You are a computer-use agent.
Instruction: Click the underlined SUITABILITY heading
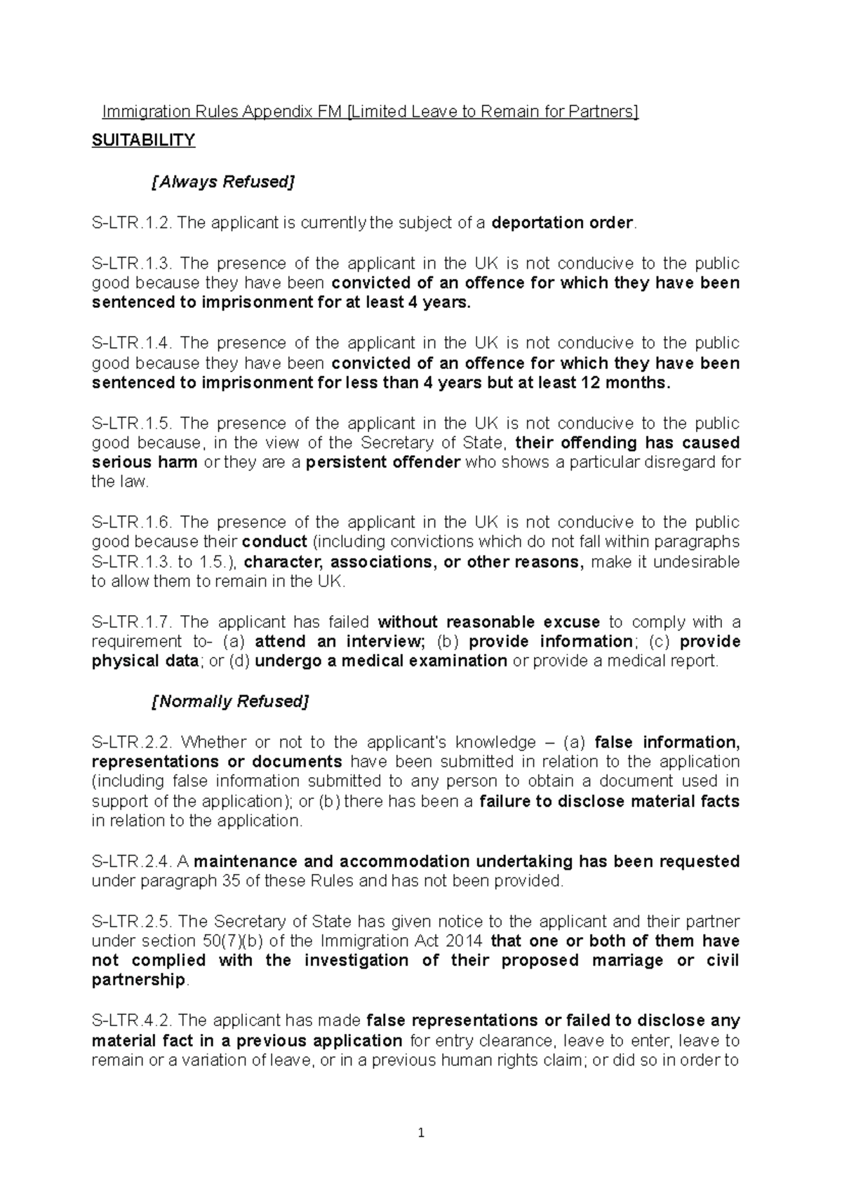tap(143, 140)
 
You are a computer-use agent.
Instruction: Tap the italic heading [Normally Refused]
tap(230, 701)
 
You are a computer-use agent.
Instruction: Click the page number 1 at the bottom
tap(421, 1133)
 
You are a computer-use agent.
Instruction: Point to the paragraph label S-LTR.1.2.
tap(132, 223)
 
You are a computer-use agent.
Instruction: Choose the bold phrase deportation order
tap(563, 223)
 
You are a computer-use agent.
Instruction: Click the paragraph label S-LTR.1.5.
tap(132, 424)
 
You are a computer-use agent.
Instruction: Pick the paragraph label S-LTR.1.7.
tap(132, 622)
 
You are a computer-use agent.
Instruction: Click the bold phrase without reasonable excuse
tap(489, 622)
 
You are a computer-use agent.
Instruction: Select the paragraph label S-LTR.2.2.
tap(132, 742)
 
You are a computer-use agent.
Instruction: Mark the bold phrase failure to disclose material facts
tap(609, 802)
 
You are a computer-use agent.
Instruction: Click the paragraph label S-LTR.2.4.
tap(132, 861)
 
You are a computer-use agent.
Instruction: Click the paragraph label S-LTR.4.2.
tap(132, 1021)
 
